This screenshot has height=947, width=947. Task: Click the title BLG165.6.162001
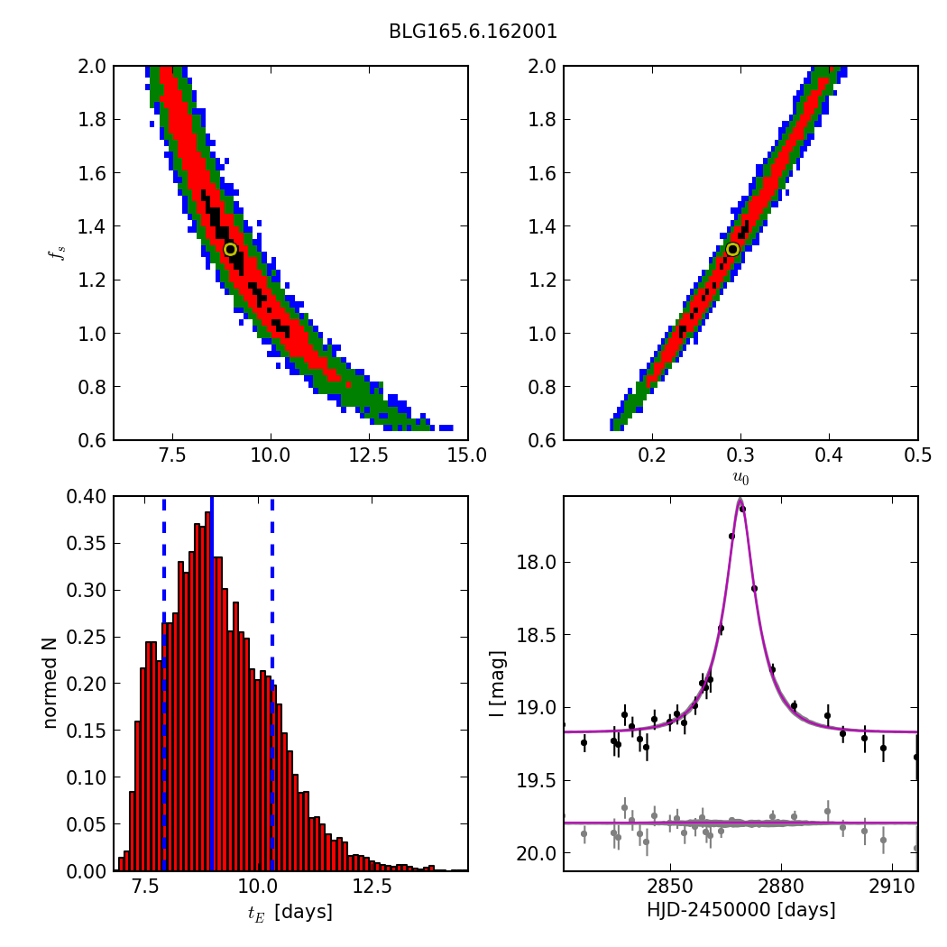pyautogui.click(x=473, y=32)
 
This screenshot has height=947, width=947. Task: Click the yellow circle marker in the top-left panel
pyautogui.click(x=230, y=249)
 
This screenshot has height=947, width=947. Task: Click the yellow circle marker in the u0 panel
pyautogui.click(x=732, y=249)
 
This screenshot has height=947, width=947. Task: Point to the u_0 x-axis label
pyautogui.click(x=740, y=479)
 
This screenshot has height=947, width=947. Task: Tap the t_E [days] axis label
pyautogui.click(x=290, y=912)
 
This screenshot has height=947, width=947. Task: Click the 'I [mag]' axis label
pyautogui.click(x=497, y=684)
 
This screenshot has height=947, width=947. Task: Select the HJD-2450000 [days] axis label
pyautogui.click(x=740, y=910)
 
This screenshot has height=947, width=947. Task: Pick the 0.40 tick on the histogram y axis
pyautogui.click(x=88, y=496)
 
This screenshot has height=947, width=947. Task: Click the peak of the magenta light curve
pyautogui.click(x=740, y=499)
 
